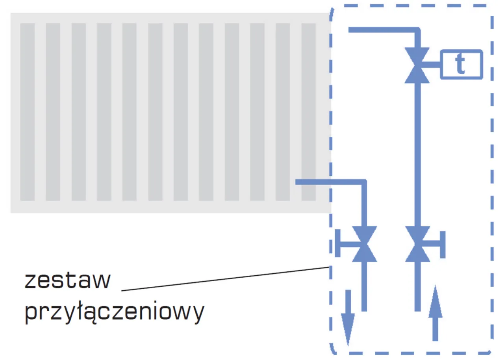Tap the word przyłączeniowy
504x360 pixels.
tap(115, 313)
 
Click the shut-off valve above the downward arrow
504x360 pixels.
tap(364, 244)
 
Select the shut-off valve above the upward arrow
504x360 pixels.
tap(418, 244)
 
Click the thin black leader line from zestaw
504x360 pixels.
tap(224, 279)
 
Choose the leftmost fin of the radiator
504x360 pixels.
tap(28, 112)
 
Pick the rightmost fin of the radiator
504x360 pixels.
tap(309, 112)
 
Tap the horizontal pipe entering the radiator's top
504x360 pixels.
tap(382, 30)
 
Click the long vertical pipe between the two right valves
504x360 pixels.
tap(418, 154)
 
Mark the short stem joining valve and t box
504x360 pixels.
tap(432, 64)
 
